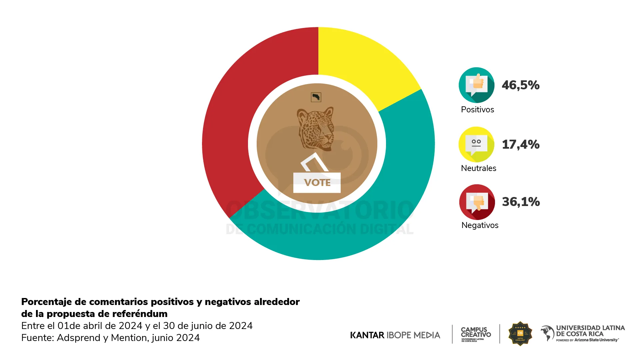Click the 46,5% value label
click(521, 85)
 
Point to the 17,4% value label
click(521, 144)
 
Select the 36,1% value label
click(521, 202)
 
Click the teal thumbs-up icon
click(476, 85)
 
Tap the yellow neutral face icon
click(476, 144)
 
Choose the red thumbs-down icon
click(477, 202)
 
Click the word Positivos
click(477, 110)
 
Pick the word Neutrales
click(478, 168)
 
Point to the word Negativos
click(480, 225)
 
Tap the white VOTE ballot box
click(317, 182)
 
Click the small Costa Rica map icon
click(316, 97)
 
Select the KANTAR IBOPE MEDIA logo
click(395, 335)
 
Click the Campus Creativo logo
click(476, 334)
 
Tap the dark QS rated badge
click(520, 333)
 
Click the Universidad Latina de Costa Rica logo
click(583, 333)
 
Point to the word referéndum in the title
click(140, 314)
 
